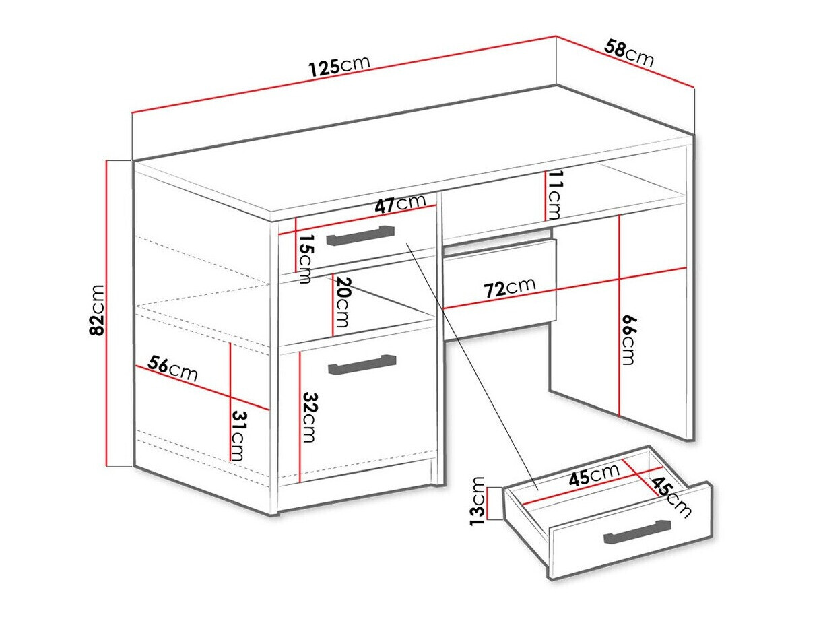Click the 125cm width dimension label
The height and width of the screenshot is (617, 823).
click(339, 66)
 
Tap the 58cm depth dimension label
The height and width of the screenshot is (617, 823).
click(629, 53)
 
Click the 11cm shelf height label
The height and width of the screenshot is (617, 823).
click(554, 195)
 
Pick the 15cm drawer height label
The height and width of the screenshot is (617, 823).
click(306, 259)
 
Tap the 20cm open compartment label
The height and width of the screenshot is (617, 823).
click(342, 302)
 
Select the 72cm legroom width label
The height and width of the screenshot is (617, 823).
click(510, 288)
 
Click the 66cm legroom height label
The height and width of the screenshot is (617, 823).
click(628, 339)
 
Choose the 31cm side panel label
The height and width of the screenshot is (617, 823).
click(237, 435)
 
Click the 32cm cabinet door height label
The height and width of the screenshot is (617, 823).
click(308, 417)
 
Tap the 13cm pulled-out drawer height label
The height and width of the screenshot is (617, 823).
click(478, 500)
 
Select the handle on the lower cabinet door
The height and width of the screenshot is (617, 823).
click(362, 364)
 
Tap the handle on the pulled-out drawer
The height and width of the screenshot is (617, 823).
click(637, 531)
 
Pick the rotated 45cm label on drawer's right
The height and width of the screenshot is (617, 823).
click(670, 498)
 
